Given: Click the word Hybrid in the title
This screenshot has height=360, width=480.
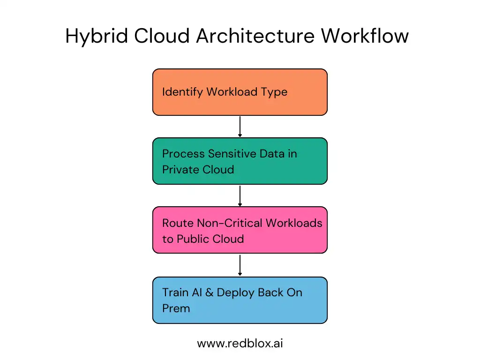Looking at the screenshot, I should click(x=96, y=37).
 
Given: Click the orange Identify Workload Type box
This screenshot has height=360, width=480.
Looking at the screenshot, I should click(x=240, y=92).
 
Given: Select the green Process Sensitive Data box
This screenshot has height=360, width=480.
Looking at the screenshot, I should click(x=240, y=161).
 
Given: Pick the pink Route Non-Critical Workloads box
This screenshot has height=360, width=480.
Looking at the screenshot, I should click(x=240, y=230).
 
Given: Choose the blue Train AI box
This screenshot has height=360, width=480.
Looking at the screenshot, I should click(x=240, y=300).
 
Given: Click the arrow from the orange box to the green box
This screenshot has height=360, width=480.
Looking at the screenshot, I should click(x=240, y=126).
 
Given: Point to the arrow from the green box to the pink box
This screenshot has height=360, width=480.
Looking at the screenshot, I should click(x=240, y=195).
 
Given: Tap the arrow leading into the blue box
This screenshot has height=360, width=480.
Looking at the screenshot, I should click(x=240, y=265).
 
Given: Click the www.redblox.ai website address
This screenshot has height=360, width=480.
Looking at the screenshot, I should click(x=240, y=344).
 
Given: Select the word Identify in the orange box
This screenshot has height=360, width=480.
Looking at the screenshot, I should click(x=182, y=92).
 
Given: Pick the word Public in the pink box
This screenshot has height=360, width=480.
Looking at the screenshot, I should click(x=193, y=239).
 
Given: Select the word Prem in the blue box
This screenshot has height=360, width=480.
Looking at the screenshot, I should click(x=176, y=308).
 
